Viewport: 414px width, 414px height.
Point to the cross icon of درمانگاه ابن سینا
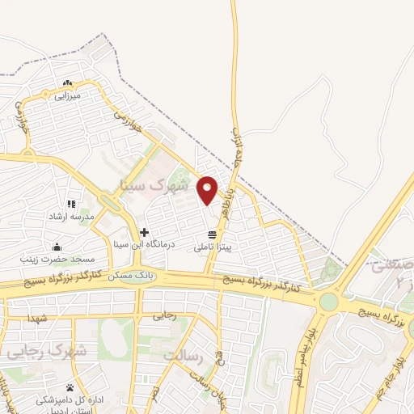144,232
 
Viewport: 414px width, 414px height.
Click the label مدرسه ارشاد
70,217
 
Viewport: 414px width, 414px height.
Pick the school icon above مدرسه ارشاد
71,205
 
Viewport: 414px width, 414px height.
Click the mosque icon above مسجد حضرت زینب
57,247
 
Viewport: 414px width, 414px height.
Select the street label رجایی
164,317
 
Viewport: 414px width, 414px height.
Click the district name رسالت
180,355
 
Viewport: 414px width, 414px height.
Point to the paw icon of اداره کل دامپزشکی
70,388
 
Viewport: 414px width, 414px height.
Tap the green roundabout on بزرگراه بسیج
328,302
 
